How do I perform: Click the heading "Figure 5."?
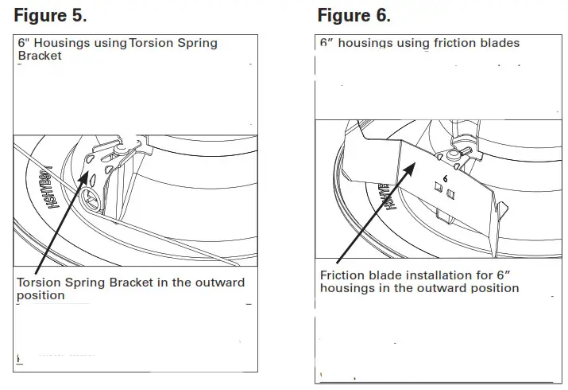[x=51, y=14]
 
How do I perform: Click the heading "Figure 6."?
[x=354, y=14]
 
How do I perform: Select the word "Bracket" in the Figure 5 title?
[x=40, y=57]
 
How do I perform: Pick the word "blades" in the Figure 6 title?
[x=497, y=43]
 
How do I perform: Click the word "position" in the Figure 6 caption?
[x=494, y=287]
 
